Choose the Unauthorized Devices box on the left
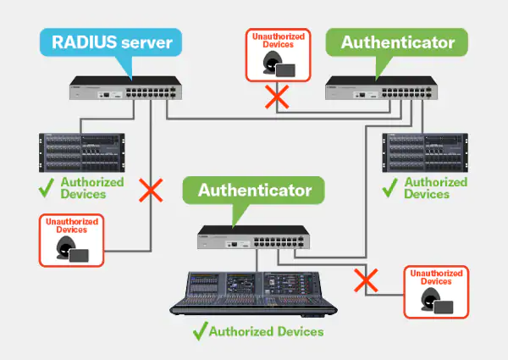[71, 241]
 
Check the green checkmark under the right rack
[389, 187]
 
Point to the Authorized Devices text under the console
[266, 331]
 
